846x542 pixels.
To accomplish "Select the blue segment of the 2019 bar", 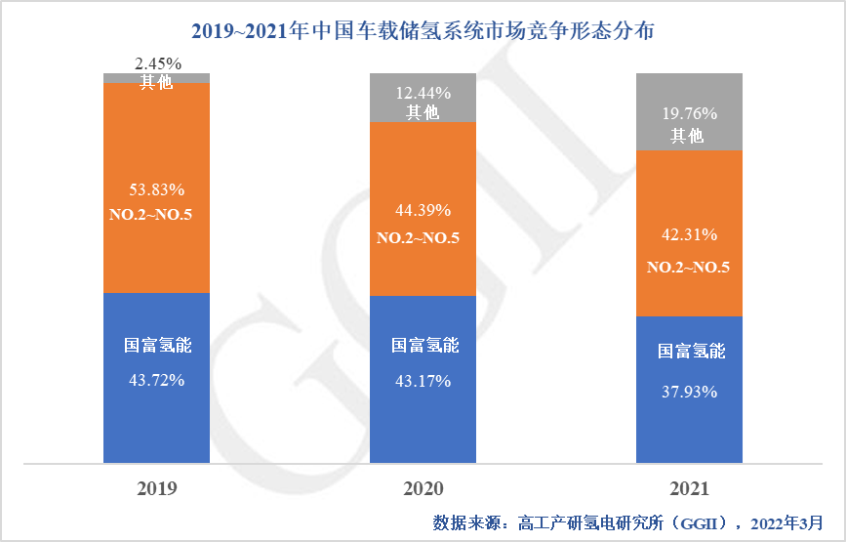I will point(156,410).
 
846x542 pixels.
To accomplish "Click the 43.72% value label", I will point(156,380).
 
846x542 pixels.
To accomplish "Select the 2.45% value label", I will point(156,63).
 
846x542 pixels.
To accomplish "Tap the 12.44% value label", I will point(423,94).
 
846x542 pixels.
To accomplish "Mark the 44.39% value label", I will point(423,209).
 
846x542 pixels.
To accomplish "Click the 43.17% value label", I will point(423,380).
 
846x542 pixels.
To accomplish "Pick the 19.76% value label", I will point(689,112).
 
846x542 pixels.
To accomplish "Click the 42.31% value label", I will point(689,234).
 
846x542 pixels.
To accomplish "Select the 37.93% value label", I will point(689,392).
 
